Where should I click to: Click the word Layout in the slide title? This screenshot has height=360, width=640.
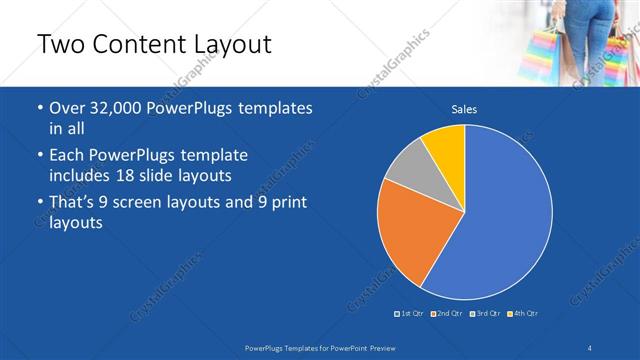click(x=232, y=45)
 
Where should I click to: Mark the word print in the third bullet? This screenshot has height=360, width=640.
click(x=285, y=203)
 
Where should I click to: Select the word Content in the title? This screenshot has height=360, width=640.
click(x=134, y=45)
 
